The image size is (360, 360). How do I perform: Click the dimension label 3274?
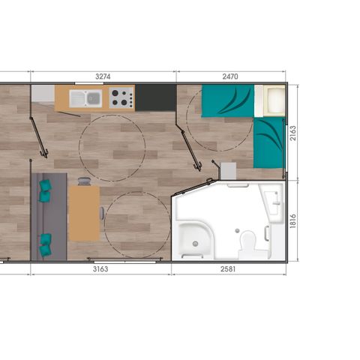[103, 76]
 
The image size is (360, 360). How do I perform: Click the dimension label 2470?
[230, 76]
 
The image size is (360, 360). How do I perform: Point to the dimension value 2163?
[293, 133]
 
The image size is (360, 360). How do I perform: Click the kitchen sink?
[88, 97]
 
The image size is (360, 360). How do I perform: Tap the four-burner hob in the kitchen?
[121, 97]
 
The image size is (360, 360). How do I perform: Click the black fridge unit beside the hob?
[154, 97]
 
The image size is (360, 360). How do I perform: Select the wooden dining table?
[84, 213]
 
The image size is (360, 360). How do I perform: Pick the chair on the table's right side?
[102, 213]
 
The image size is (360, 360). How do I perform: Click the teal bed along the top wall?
[226, 101]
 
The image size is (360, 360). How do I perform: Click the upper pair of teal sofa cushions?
[45, 190]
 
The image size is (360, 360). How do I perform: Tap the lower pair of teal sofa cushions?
[46, 241]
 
